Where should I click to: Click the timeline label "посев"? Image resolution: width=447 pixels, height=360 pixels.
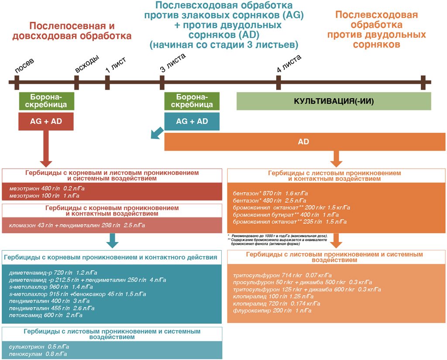[x=24, y=66]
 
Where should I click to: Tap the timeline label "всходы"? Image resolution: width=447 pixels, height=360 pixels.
[x=87, y=64]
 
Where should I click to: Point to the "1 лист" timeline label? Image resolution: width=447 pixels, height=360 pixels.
[x=115, y=65]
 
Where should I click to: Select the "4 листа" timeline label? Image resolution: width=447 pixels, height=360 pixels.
[x=289, y=63]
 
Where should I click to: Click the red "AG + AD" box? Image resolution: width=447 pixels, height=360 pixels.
[x=46, y=121]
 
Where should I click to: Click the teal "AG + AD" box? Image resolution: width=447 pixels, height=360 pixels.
[x=192, y=121]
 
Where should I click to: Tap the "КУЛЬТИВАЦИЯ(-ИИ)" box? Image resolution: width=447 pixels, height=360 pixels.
[x=334, y=101]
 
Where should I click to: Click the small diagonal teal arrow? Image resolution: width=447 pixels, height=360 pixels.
[x=157, y=133]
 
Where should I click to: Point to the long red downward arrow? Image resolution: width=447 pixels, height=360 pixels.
[x=46, y=149]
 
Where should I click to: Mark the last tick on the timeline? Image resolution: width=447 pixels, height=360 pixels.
[x=423, y=83]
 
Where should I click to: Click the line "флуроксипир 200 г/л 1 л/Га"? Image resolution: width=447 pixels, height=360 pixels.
[x=272, y=310]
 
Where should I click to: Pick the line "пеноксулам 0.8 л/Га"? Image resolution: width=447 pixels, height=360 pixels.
[x=38, y=354]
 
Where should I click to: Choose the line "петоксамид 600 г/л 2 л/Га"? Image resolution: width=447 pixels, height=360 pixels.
[x=45, y=315]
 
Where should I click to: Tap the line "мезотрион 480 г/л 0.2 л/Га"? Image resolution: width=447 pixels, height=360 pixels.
[x=47, y=188]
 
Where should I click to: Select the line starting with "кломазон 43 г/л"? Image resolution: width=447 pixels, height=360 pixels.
[x=77, y=225]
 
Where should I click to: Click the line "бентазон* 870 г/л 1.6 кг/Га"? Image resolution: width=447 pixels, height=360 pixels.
[x=270, y=193]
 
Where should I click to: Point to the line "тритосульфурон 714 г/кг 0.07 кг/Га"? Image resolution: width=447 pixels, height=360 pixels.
[x=282, y=275]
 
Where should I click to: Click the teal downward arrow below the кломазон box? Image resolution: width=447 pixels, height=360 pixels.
[x=112, y=240]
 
